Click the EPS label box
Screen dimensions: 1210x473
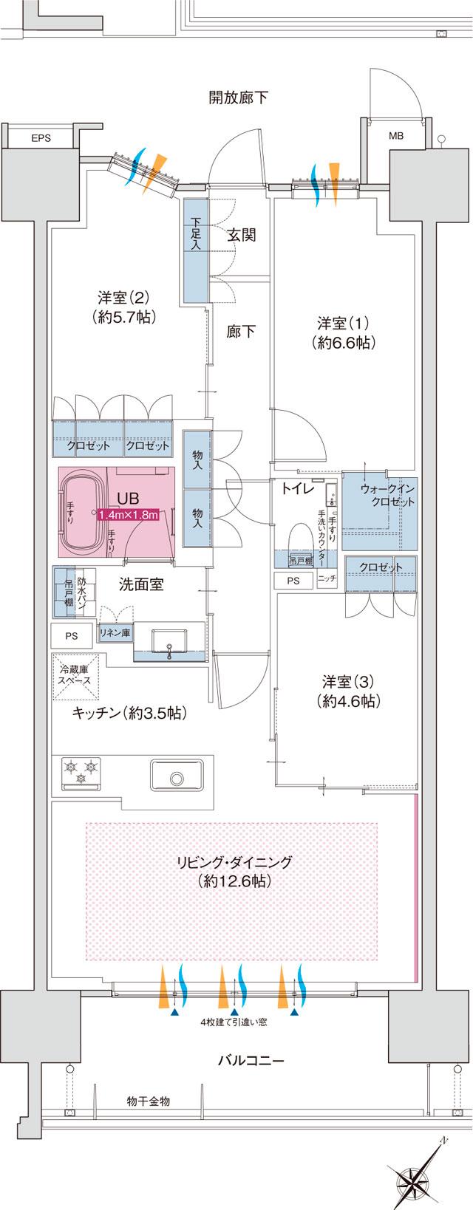pyautogui.click(x=41, y=137)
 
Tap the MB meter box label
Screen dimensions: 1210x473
pyautogui.click(x=396, y=137)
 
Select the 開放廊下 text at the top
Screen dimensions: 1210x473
pyautogui.click(x=237, y=98)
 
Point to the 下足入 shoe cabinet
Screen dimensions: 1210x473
pyautogui.click(x=195, y=250)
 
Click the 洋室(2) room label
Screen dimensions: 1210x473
pyautogui.click(x=123, y=307)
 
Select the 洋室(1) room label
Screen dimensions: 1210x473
pyautogui.click(x=343, y=332)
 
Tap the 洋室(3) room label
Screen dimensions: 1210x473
pyautogui.click(x=347, y=691)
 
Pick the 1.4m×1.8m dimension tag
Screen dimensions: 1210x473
pyautogui.click(x=128, y=515)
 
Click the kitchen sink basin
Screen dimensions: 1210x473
pyautogui.click(x=176, y=777)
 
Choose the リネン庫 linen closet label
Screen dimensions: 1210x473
pyautogui.click(x=115, y=633)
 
